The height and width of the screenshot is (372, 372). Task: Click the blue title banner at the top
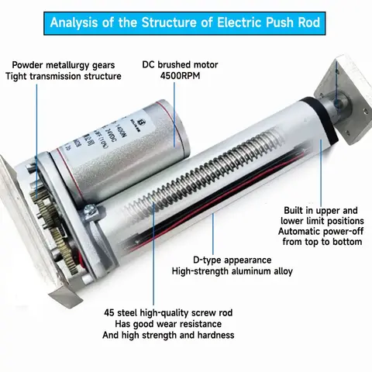coord(186,20)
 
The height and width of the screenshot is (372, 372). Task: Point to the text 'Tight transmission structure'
coord(63,76)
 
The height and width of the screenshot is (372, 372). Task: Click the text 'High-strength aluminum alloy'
coord(232,271)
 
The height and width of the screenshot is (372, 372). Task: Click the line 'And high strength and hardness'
coord(168,336)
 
